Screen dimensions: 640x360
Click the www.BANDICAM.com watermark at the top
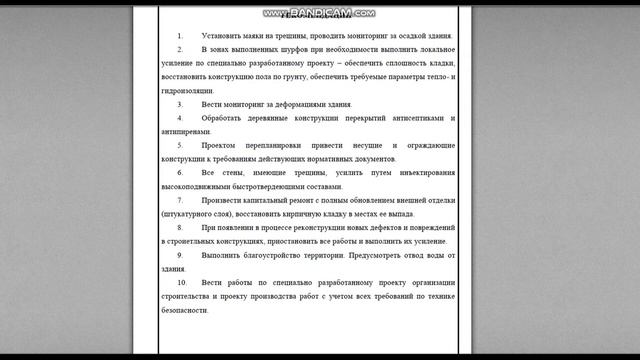pyautogui.click(x=320, y=14)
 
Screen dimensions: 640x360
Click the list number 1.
pyautogui.click(x=180, y=35)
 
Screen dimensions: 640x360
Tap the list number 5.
pyautogui.click(x=180, y=145)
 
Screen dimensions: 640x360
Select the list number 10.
pyautogui.click(x=182, y=283)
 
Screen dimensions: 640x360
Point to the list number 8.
pyautogui.click(x=180, y=228)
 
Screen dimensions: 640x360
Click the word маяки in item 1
pyautogui.click(x=257, y=35)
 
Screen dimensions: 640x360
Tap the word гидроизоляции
pyautogui.click(x=195, y=90)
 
